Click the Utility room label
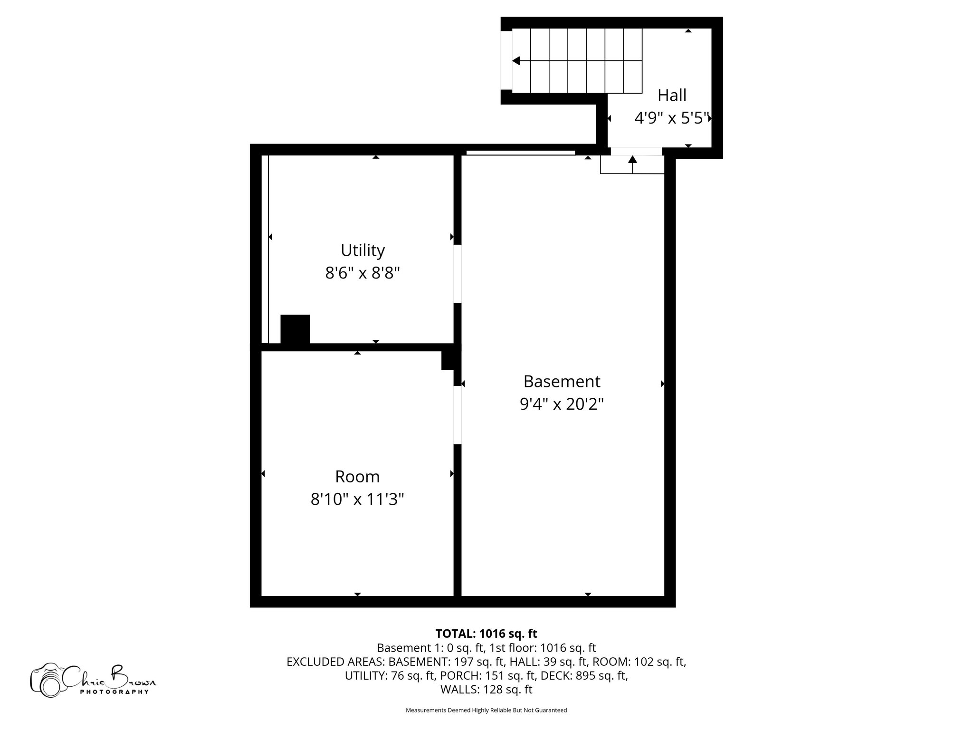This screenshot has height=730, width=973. (362, 250)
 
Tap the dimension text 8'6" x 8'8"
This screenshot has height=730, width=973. (362, 273)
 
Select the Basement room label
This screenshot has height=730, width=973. (562, 381)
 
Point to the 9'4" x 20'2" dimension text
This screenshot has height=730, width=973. (562, 404)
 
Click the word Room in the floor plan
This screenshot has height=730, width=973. (357, 476)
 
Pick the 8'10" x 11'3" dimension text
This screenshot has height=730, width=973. (357, 499)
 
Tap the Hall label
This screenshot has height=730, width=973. (672, 95)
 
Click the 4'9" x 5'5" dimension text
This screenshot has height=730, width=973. (672, 118)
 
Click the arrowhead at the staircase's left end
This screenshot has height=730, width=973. (516, 61)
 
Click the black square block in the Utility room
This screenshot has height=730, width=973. (295, 329)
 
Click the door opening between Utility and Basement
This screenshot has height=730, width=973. (457, 274)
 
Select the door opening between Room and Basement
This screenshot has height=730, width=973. (457, 414)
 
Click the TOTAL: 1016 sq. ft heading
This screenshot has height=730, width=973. (486, 634)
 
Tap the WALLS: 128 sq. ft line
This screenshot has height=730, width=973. (486, 690)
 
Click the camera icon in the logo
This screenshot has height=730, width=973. (47, 681)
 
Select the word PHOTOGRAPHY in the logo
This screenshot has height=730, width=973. (114, 692)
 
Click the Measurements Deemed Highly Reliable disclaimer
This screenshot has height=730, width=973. (486, 711)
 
